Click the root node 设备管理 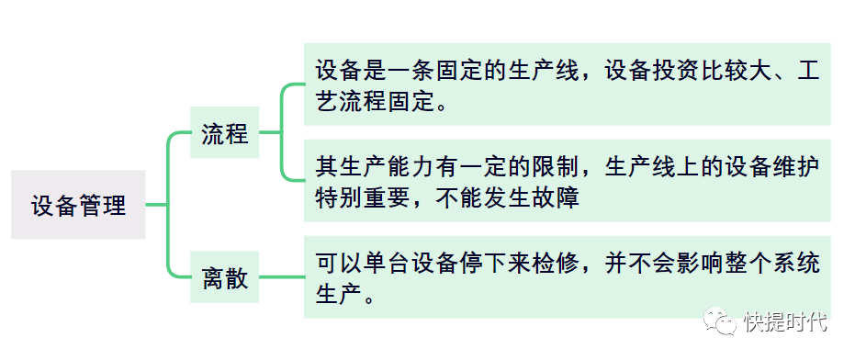click(78, 205)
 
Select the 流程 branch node click(225, 132)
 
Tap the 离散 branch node click(225, 277)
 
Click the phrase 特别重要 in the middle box click(364, 198)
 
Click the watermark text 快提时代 click(786, 321)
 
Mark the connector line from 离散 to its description click(281, 277)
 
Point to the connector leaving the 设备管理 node click(157, 205)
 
